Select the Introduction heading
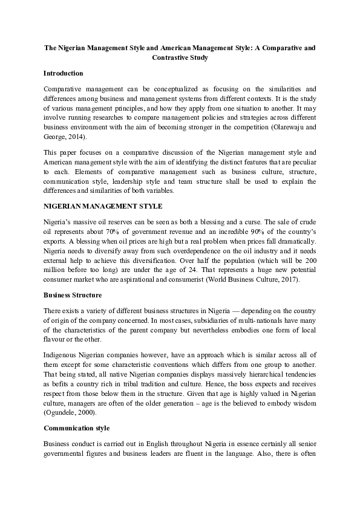coord(64,73)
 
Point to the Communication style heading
coord(76,428)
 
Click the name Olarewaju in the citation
coord(286,137)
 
